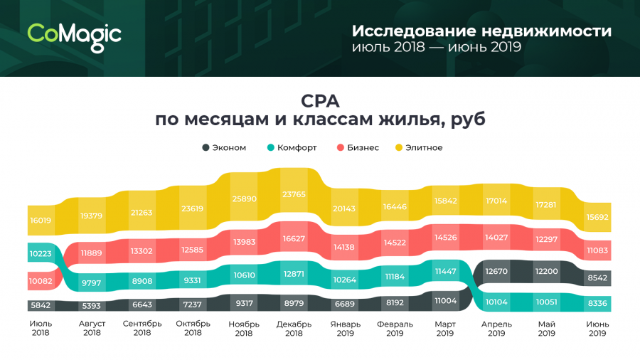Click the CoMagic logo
coord(75,34)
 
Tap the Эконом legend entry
coord(224,147)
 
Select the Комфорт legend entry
coord(292,147)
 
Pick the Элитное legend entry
coord(419,147)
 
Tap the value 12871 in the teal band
coord(294,274)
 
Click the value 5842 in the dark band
coord(41,305)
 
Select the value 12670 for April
coord(495,271)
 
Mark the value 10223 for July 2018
coord(41,253)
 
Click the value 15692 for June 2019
coord(598,218)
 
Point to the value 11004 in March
coord(445,301)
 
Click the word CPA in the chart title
coord(320,100)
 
